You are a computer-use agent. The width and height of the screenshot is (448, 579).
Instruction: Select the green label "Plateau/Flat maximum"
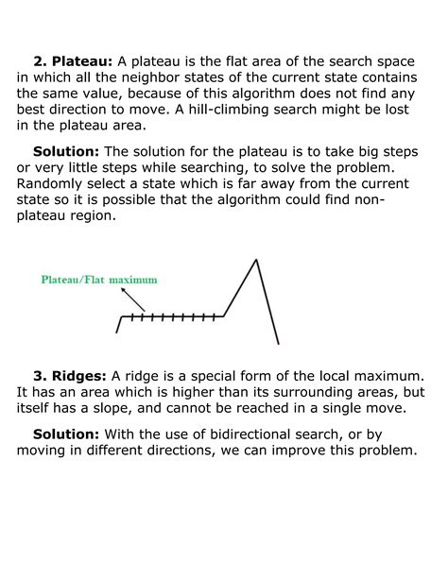(98, 280)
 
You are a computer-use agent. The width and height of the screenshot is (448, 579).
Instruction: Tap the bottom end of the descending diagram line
(278, 343)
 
